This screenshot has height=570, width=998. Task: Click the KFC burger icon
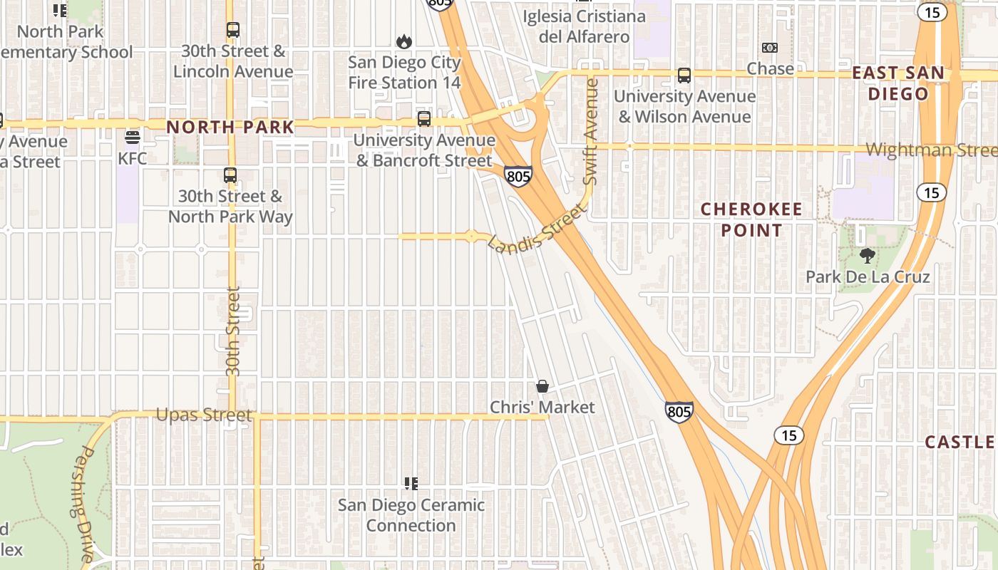(x=132, y=136)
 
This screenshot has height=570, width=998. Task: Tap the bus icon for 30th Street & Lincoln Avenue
(x=233, y=30)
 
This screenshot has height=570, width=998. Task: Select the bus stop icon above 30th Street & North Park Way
(x=230, y=175)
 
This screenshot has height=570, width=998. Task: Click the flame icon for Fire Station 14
(x=404, y=41)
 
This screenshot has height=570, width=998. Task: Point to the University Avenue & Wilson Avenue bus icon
(x=684, y=75)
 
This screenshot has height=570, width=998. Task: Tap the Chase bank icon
(x=770, y=48)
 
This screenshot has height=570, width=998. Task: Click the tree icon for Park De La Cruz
(x=868, y=255)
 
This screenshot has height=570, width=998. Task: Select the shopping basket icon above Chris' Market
(x=542, y=386)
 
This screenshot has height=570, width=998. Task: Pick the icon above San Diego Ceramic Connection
(x=411, y=484)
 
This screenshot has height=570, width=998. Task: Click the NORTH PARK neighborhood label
(x=230, y=127)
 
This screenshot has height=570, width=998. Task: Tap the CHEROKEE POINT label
(x=751, y=219)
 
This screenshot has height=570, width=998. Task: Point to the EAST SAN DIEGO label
(x=898, y=83)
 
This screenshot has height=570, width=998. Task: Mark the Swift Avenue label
(x=590, y=132)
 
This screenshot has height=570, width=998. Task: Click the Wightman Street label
(x=930, y=150)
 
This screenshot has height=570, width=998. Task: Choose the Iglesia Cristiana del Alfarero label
(x=584, y=26)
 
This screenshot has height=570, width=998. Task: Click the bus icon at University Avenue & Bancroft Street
(x=424, y=118)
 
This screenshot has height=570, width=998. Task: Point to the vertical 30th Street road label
(x=232, y=331)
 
